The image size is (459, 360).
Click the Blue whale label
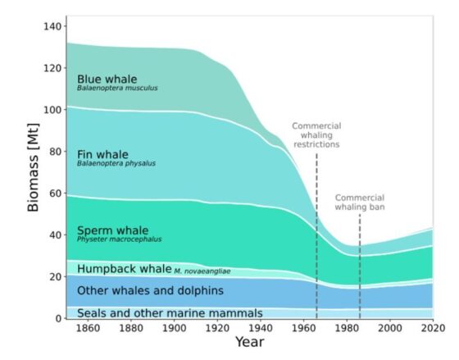tap(107, 80)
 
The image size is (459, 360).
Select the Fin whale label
tap(103, 153)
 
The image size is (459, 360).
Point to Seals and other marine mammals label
tap(170, 312)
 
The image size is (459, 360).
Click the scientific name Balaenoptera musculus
tap(117, 89)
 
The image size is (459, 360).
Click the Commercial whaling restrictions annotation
tap(316, 135)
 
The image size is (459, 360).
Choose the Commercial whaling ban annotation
tap(361, 203)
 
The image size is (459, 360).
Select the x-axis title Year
tap(249, 341)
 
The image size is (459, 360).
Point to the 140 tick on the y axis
tap(52, 27)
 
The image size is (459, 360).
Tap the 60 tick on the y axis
tap(55, 194)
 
